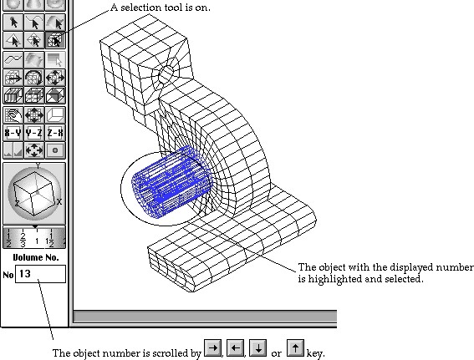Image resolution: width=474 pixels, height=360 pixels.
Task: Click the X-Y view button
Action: point(13,133)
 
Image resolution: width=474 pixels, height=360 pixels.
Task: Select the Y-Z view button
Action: point(34,133)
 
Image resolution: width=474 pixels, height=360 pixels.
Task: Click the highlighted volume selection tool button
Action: point(55,40)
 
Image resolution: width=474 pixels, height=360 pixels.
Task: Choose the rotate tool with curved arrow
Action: point(34,78)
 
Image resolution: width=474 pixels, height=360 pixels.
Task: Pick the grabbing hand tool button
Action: point(13,114)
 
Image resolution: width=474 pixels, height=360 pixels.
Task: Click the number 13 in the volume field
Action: point(25,274)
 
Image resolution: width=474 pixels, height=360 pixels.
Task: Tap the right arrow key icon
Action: point(213,348)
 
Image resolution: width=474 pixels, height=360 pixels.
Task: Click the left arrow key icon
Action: point(235,348)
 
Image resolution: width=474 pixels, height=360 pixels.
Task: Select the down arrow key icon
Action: point(257,348)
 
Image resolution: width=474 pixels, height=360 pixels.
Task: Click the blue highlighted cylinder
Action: point(172,182)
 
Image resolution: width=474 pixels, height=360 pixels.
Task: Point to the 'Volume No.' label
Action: point(36,257)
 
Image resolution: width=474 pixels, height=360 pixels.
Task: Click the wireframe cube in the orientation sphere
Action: point(34,193)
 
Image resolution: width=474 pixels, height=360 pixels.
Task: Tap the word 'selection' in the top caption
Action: point(141,8)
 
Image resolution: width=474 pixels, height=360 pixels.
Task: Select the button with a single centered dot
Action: point(55,150)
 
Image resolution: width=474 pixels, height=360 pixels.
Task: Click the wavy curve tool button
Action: point(13,59)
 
